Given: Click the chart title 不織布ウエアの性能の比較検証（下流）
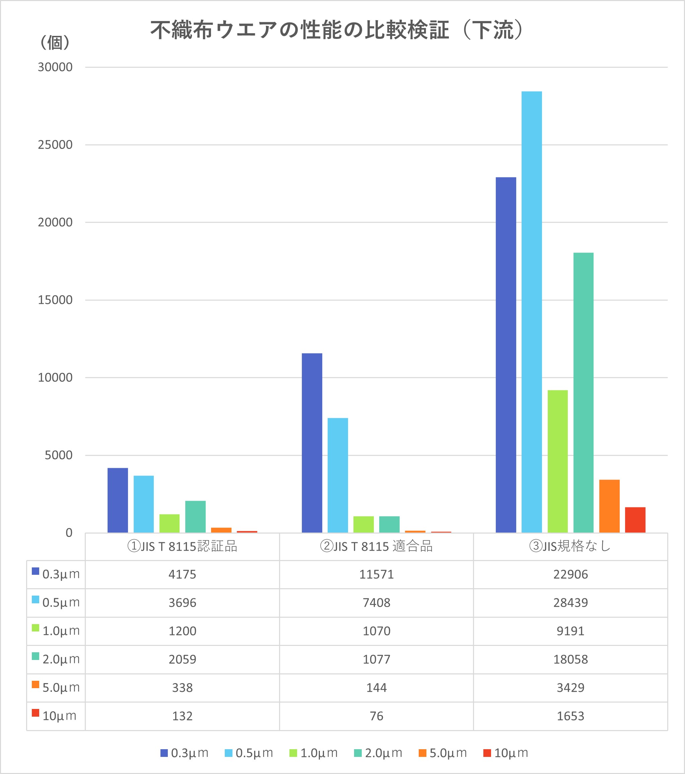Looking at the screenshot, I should tap(337, 30).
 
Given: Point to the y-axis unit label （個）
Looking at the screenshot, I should tap(55, 42).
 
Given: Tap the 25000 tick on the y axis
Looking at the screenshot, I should tap(55, 145).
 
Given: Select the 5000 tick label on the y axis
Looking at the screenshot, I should tap(59, 455).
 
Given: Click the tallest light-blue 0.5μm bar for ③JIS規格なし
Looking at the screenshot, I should tap(532, 311).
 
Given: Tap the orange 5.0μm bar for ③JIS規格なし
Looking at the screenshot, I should tap(609, 506).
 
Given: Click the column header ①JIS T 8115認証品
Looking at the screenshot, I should tap(182, 546).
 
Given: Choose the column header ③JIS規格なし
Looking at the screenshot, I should tap(570, 546).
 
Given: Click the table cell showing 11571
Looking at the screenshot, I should tap(376, 574).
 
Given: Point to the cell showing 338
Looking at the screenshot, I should tap(182, 688).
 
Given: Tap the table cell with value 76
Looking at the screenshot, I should tap(376, 716).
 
